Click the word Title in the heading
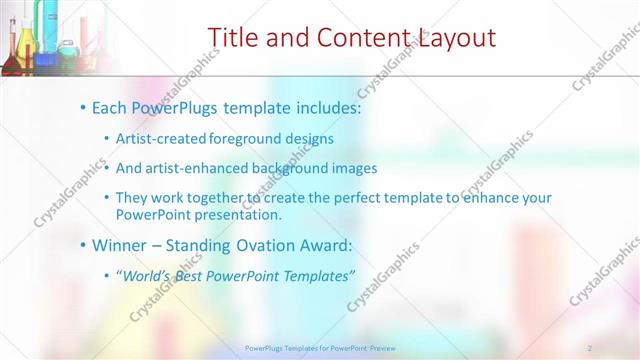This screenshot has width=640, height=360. tap(232, 38)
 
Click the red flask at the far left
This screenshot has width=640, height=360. tap(9, 55)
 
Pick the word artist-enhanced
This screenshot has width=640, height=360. tap(190, 168)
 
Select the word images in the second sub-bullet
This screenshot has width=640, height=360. tap(356, 168)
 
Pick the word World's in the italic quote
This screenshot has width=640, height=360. tap(146, 275)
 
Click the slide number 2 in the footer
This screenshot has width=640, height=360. tap(591, 347)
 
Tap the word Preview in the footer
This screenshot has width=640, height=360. tap(381, 347)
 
